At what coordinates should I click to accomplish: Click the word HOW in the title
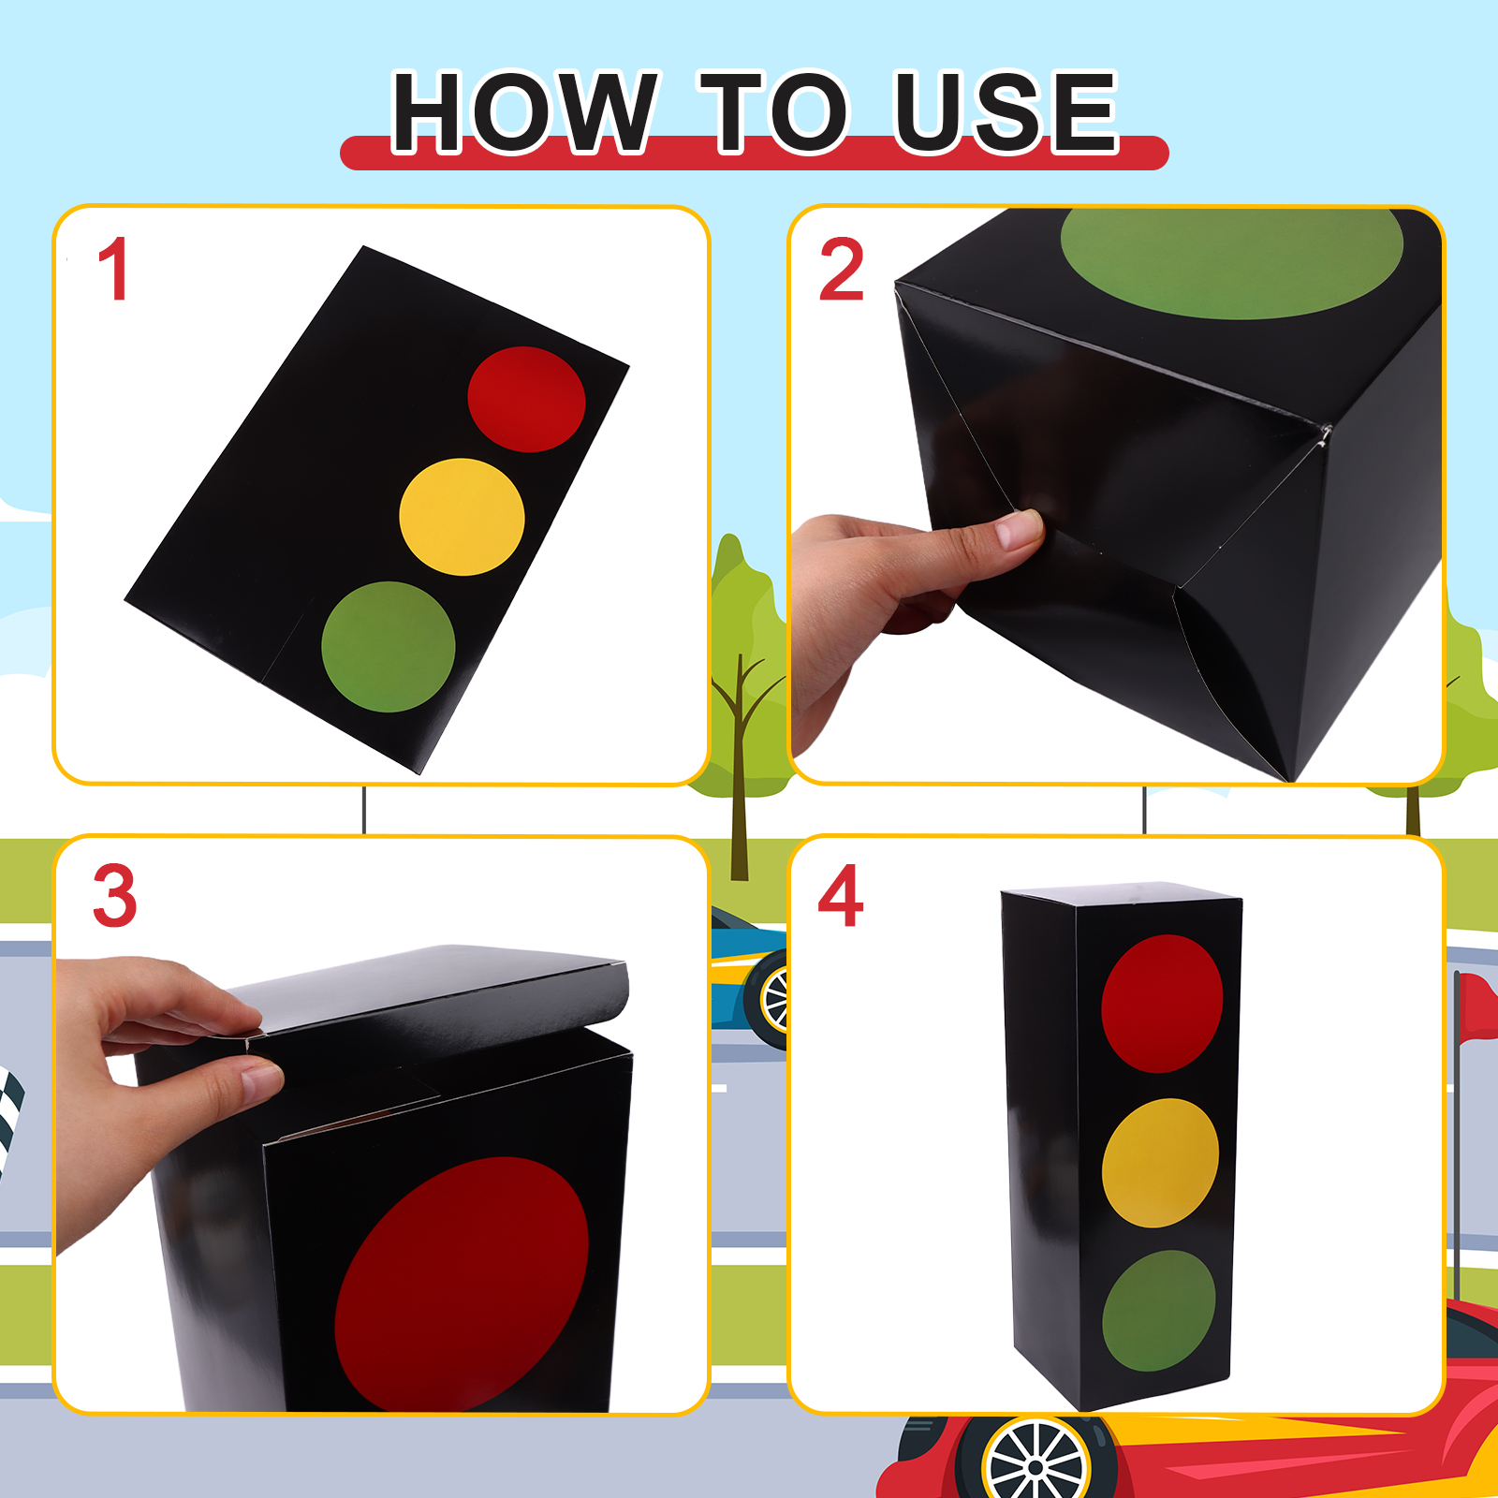pyautogui.click(x=524, y=112)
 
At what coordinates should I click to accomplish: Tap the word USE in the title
pyautogui.click(x=1006, y=112)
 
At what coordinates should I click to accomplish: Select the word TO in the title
pyautogui.click(x=775, y=112)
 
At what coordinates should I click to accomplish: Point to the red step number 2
pyautogui.click(x=841, y=270)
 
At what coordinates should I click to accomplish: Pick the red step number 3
pyautogui.click(x=114, y=896)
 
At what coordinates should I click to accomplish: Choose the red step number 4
pyautogui.click(x=840, y=895)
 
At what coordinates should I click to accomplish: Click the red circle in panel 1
pyautogui.click(x=526, y=400)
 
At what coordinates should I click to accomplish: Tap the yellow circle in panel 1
pyautogui.click(x=462, y=517)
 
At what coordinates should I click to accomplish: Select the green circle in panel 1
pyautogui.click(x=388, y=647)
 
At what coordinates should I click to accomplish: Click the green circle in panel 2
pyautogui.click(x=1232, y=262)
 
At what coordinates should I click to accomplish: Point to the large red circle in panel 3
pyautogui.click(x=462, y=1283)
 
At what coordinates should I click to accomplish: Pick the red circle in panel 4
pyautogui.click(x=1162, y=1004)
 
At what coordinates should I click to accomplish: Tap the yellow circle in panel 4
pyautogui.click(x=1160, y=1163)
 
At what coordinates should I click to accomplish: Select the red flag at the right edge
pyautogui.click(x=1477, y=1006)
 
